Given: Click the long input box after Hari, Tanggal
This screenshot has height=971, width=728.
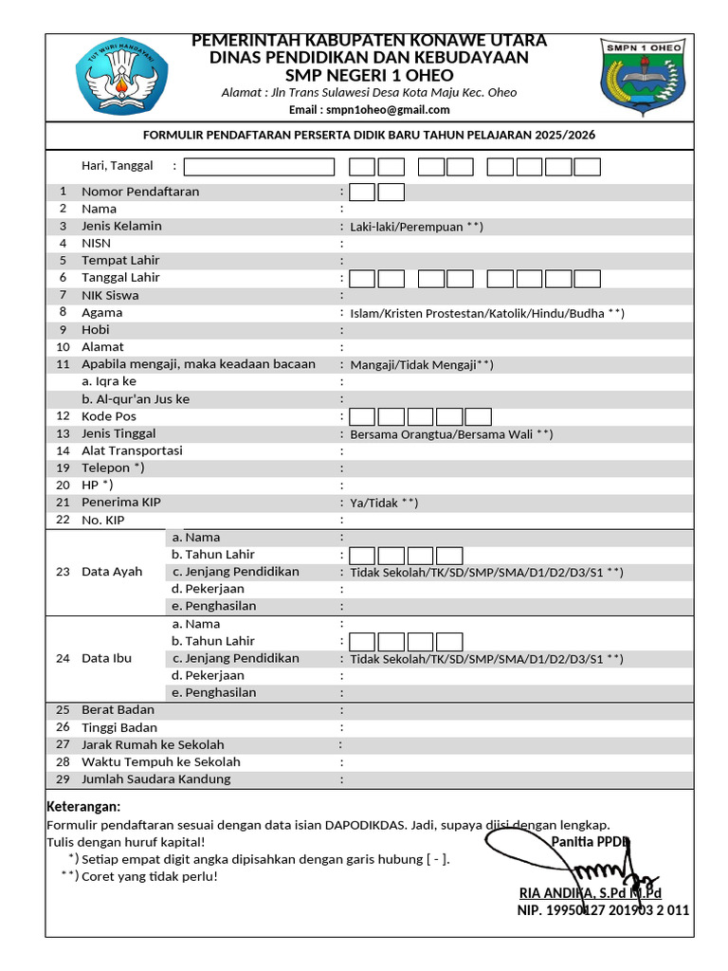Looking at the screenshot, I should pyautogui.click(x=259, y=167).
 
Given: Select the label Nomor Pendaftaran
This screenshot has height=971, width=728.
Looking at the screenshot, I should pyautogui.click(x=140, y=192).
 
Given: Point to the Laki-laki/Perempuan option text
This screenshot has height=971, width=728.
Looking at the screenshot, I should pyautogui.click(x=416, y=227).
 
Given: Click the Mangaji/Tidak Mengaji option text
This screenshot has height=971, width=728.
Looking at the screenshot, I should pyautogui.click(x=422, y=365).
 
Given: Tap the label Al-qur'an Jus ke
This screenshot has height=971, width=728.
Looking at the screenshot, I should pyautogui.click(x=136, y=399).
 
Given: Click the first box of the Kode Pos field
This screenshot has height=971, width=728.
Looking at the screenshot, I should pyautogui.click(x=362, y=416).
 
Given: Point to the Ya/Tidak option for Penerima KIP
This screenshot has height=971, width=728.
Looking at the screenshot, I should pyautogui.click(x=384, y=503).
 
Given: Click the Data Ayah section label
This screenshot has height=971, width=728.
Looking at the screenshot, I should pyautogui.click(x=112, y=572).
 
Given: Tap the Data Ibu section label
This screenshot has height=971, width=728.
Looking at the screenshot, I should pyautogui.click(x=106, y=658).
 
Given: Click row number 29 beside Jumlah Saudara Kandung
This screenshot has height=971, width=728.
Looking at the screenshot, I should pyautogui.click(x=63, y=779).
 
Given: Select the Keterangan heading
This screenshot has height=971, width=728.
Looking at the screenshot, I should pyautogui.click(x=83, y=806).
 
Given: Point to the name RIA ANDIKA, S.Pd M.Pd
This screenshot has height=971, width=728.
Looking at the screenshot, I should pyautogui.click(x=590, y=893).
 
